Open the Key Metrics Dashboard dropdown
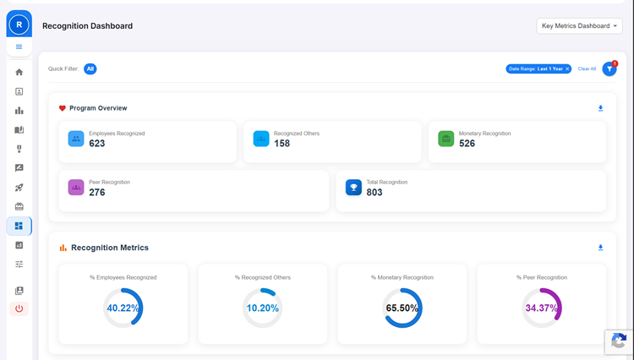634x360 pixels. (x=579, y=26)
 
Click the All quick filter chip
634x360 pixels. (x=90, y=68)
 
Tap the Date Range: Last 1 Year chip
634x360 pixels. (x=538, y=68)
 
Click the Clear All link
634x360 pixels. (x=587, y=68)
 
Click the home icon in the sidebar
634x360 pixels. (x=19, y=72)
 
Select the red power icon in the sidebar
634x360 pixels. (x=19, y=308)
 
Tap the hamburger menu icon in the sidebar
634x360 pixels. (x=19, y=46)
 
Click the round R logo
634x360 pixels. (x=19, y=25)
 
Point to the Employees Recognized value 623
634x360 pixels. (x=97, y=144)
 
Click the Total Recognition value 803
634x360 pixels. (x=374, y=193)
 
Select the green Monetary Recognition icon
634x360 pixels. (x=446, y=139)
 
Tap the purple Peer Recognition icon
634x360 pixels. (x=76, y=188)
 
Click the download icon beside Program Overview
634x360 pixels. (x=601, y=108)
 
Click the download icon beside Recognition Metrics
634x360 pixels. (x=601, y=248)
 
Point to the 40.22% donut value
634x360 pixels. (x=123, y=308)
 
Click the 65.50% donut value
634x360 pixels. (x=402, y=308)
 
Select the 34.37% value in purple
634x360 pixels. (x=542, y=308)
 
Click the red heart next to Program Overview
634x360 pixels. (x=63, y=108)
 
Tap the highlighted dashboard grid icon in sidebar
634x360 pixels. (x=19, y=226)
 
